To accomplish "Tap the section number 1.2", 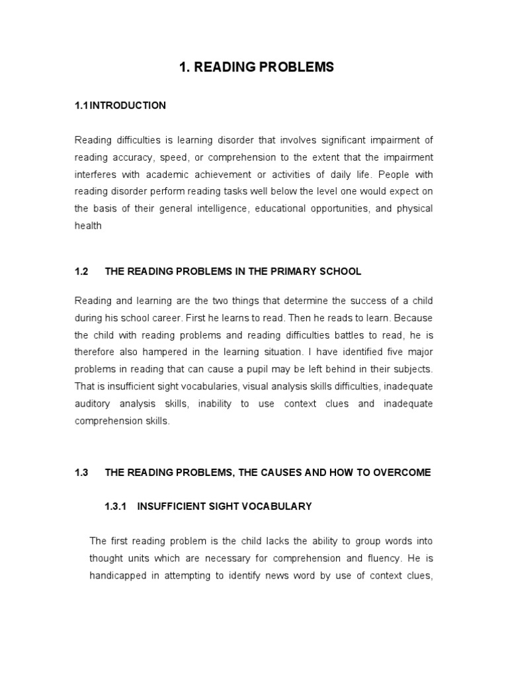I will click(x=81, y=272).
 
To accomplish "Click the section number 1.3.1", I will click(x=116, y=506).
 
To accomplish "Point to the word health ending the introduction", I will click(x=88, y=226).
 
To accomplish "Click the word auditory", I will click(x=92, y=403).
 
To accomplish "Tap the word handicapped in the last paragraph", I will click(x=117, y=576).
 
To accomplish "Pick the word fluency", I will click(x=374, y=559).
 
